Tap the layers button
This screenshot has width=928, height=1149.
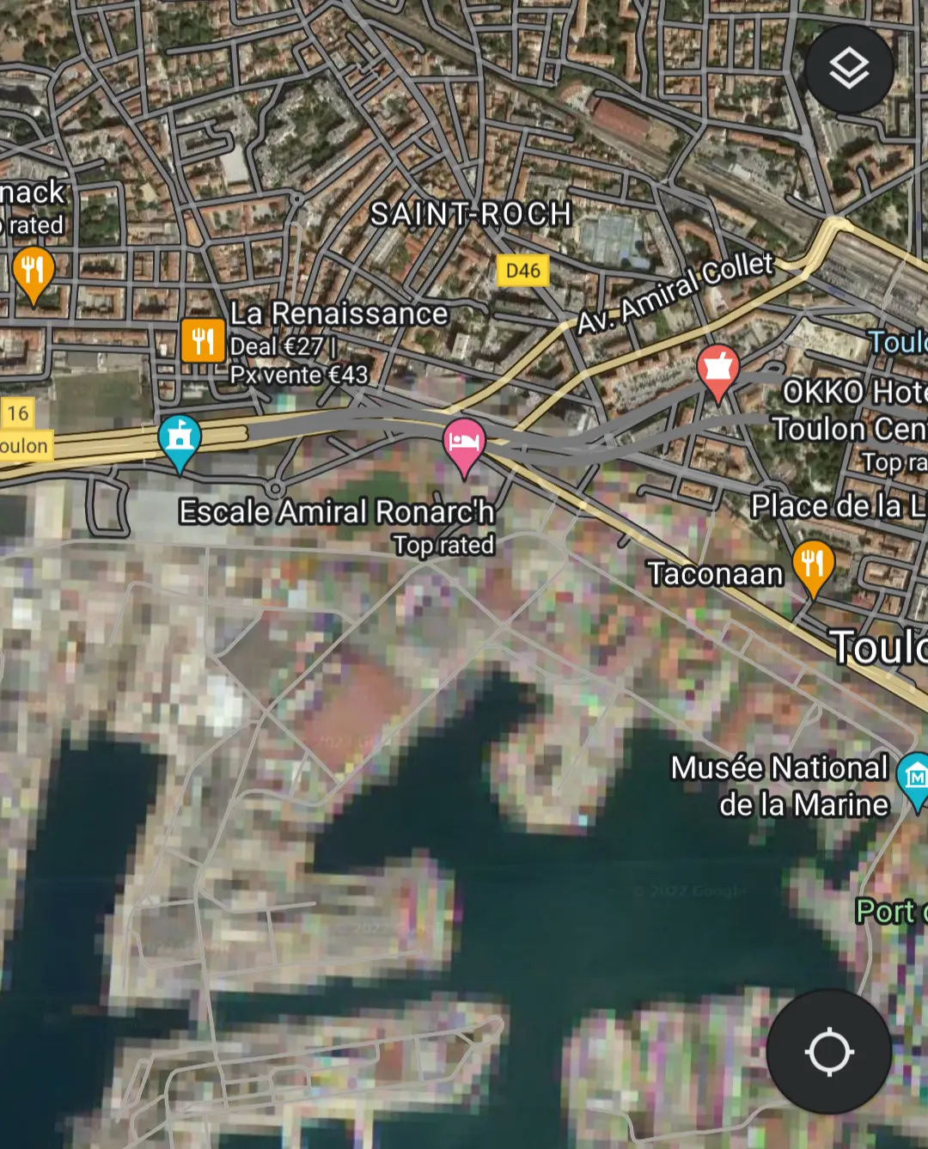click(848, 69)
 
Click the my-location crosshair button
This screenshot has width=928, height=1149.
click(828, 1051)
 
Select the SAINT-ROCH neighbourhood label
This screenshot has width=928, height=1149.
click(471, 214)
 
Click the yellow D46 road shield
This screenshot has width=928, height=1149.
click(522, 271)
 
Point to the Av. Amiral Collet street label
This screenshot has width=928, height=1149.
click(675, 292)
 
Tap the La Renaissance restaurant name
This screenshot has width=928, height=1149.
click(339, 314)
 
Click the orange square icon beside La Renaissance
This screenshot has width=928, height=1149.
click(203, 340)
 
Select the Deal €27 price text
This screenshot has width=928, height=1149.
click(277, 346)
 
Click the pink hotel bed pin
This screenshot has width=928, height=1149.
click(464, 443)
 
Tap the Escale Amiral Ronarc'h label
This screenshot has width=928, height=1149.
click(336, 512)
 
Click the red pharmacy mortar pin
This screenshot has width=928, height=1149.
click(717, 370)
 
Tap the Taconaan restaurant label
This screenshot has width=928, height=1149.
click(715, 574)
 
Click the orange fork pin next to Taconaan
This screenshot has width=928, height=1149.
click(812, 565)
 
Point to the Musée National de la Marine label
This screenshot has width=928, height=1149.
click(780, 785)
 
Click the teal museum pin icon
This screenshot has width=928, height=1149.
click(914, 777)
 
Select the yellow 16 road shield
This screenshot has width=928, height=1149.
click(18, 413)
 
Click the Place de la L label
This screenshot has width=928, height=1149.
click(838, 506)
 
